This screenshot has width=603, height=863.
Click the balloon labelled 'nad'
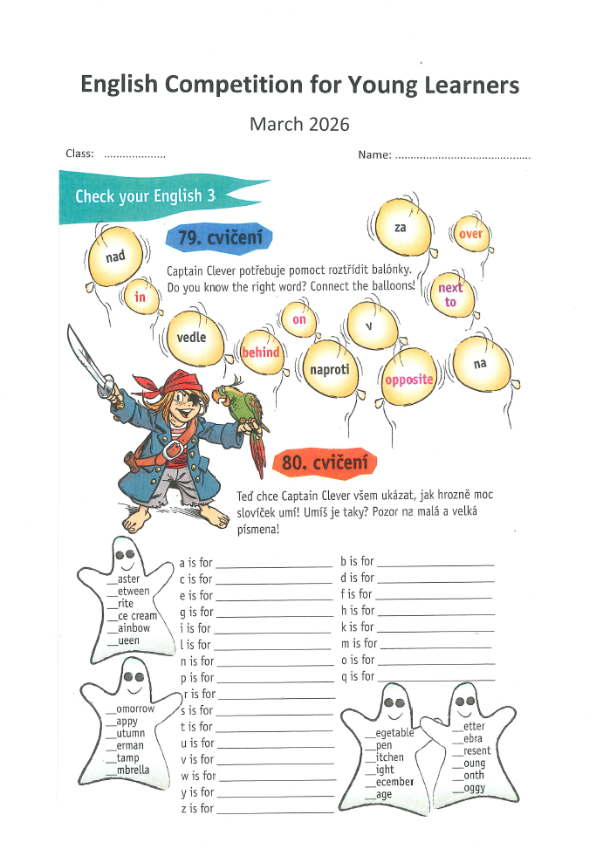(115, 257)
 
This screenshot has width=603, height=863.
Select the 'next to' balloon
(450, 295)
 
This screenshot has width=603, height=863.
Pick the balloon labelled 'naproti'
(330, 369)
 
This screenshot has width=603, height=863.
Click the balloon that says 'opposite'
(408, 379)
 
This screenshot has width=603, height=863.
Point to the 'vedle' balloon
(192, 337)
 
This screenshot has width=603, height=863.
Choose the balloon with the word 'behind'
(261, 353)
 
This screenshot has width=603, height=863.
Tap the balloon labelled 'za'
(401, 228)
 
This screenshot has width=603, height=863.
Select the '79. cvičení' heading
(218, 237)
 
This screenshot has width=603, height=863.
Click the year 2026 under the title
(329, 124)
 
